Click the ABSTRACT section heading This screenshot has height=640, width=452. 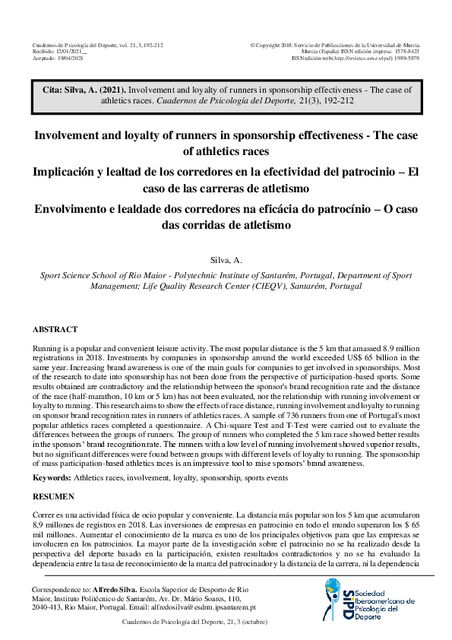tap(55, 330)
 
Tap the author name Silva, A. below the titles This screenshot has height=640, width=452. tap(226, 259)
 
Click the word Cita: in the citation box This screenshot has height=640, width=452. tap(55, 90)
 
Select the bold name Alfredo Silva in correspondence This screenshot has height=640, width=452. tap(117, 590)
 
